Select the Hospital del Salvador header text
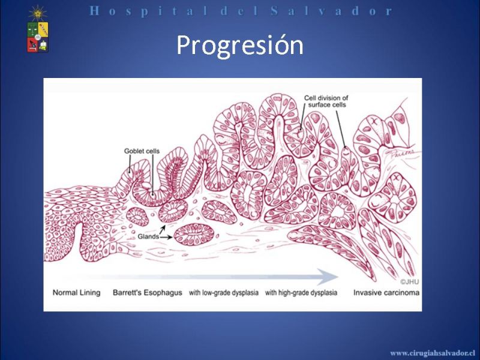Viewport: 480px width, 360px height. (x=241, y=11)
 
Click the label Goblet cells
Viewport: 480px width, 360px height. (x=142, y=151)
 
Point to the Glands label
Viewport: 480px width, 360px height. (x=148, y=236)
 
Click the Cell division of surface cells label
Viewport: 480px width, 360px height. (x=326, y=101)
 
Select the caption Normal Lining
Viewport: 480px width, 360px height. (x=77, y=293)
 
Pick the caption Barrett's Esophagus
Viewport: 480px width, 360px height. (x=148, y=293)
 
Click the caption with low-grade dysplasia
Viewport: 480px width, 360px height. (x=224, y=293)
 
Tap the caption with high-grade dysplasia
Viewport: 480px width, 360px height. (x=301, y=293)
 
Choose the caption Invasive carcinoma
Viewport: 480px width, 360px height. (x=386, y=293)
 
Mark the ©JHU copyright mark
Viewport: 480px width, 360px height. (x=410, y=282)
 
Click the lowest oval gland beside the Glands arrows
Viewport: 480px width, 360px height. (x=194, y=235)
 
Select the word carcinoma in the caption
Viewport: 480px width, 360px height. (x=401, y=293)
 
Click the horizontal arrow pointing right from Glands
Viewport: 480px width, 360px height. (x=166, y=237)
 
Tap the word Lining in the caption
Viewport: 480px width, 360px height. (x=90, y=293)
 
